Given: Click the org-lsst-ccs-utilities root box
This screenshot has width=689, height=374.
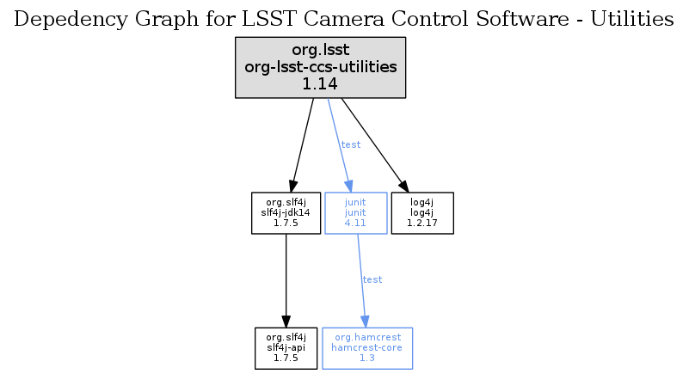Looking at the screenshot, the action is (x=320, y=67).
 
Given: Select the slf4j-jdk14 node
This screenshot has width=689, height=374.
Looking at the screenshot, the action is (x=286, y=213).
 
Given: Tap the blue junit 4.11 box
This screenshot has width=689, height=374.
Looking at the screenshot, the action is (x=356, y=213).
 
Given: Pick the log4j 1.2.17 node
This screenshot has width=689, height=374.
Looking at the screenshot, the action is (x=422, y=213).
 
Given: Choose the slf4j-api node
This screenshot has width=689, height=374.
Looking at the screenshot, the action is (x=286, y=348).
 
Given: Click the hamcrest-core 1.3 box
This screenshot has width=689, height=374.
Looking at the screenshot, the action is (x=367, y=348).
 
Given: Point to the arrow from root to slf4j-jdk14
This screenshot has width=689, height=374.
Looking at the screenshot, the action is (x=301, y=145).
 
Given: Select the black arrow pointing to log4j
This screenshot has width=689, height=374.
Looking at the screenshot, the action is (x=375, y=145).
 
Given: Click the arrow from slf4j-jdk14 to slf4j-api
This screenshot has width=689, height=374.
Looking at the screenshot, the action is (x=286, y=280).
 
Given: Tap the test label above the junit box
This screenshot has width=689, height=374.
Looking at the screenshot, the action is (x=351, y=144).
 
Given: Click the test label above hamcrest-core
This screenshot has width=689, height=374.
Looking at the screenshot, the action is (x=372, y=279).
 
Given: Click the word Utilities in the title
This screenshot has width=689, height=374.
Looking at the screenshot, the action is (x=632, y=19).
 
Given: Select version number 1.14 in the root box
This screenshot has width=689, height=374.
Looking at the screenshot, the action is (x=320, y=84).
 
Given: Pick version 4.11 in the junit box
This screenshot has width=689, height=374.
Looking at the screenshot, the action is (x=355, y=223).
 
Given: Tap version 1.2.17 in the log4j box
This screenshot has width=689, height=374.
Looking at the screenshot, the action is (x=422, y=223).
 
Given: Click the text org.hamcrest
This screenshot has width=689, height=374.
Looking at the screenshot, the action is (x=368, y=337).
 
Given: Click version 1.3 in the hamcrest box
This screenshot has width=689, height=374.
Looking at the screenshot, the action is (x=367, y=359).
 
